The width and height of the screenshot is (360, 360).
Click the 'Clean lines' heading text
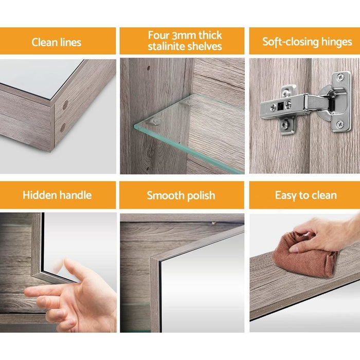pyautogui.click(x=57, y=42)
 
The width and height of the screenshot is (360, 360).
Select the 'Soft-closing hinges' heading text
pyautogui.click(x=307, y=42)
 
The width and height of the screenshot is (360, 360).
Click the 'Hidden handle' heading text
pyautogui.click(x=57, y=195)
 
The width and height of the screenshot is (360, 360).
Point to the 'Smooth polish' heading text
pyautogui.click(x=181, y=195)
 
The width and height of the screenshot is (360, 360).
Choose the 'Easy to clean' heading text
pyautogui.click(x=306, y=195)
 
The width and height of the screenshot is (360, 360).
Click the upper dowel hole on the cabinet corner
pyautogui.click(x=65, y=105)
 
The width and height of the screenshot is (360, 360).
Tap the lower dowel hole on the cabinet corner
pyautogui.click(x=63, y=128)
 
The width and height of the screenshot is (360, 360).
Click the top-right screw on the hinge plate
pyautogui.click(x=340, y=77)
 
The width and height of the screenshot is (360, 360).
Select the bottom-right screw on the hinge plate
pyautogui.click(x=340, y=124)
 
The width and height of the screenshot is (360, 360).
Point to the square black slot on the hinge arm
pyautogui.click(x=280, y=106)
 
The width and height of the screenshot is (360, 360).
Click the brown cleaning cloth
pyautogui.click(x=303, y=255)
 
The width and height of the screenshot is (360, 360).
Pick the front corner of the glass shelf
pyautogui.click(x=135, y=126)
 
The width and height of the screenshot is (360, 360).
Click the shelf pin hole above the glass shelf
pyautogui.click(x=149, y=68)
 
